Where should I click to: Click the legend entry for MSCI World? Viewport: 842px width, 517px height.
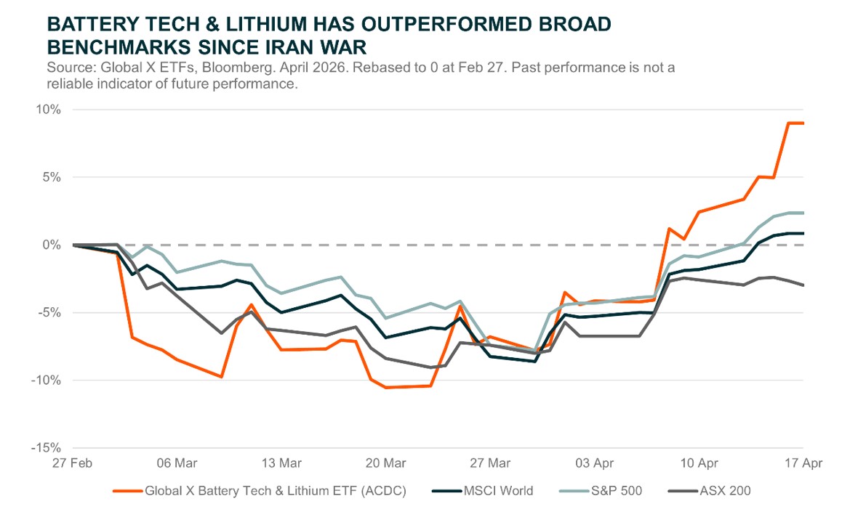click(x=498, y=491)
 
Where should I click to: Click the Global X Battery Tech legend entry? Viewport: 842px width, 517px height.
click(x=275, y=491)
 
